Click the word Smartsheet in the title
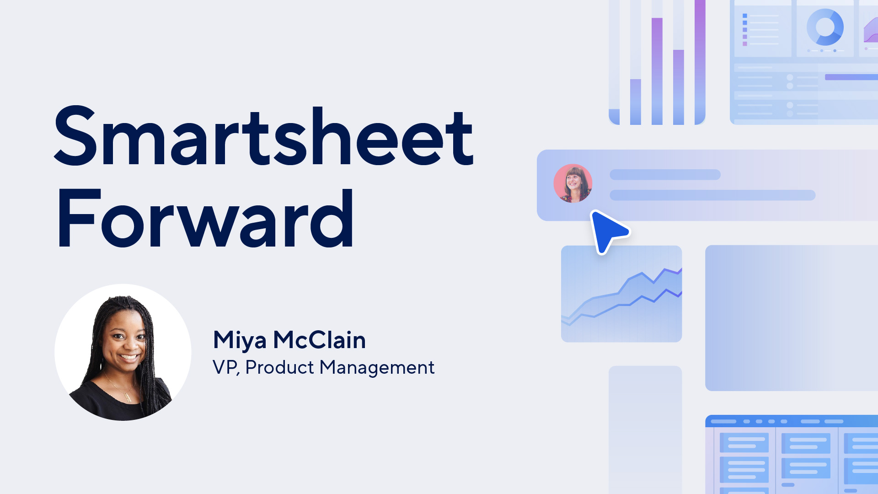264,136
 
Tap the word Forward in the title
205,219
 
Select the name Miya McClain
289,340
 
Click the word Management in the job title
377,368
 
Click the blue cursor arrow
608,231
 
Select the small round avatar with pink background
573,183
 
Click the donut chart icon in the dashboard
825,27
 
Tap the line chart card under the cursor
621,294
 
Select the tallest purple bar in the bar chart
700,62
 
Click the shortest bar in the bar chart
614,117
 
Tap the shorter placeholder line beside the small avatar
665,175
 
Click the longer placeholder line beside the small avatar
712,195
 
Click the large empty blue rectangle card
792,318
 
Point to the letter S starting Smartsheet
76,136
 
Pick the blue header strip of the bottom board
792,421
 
